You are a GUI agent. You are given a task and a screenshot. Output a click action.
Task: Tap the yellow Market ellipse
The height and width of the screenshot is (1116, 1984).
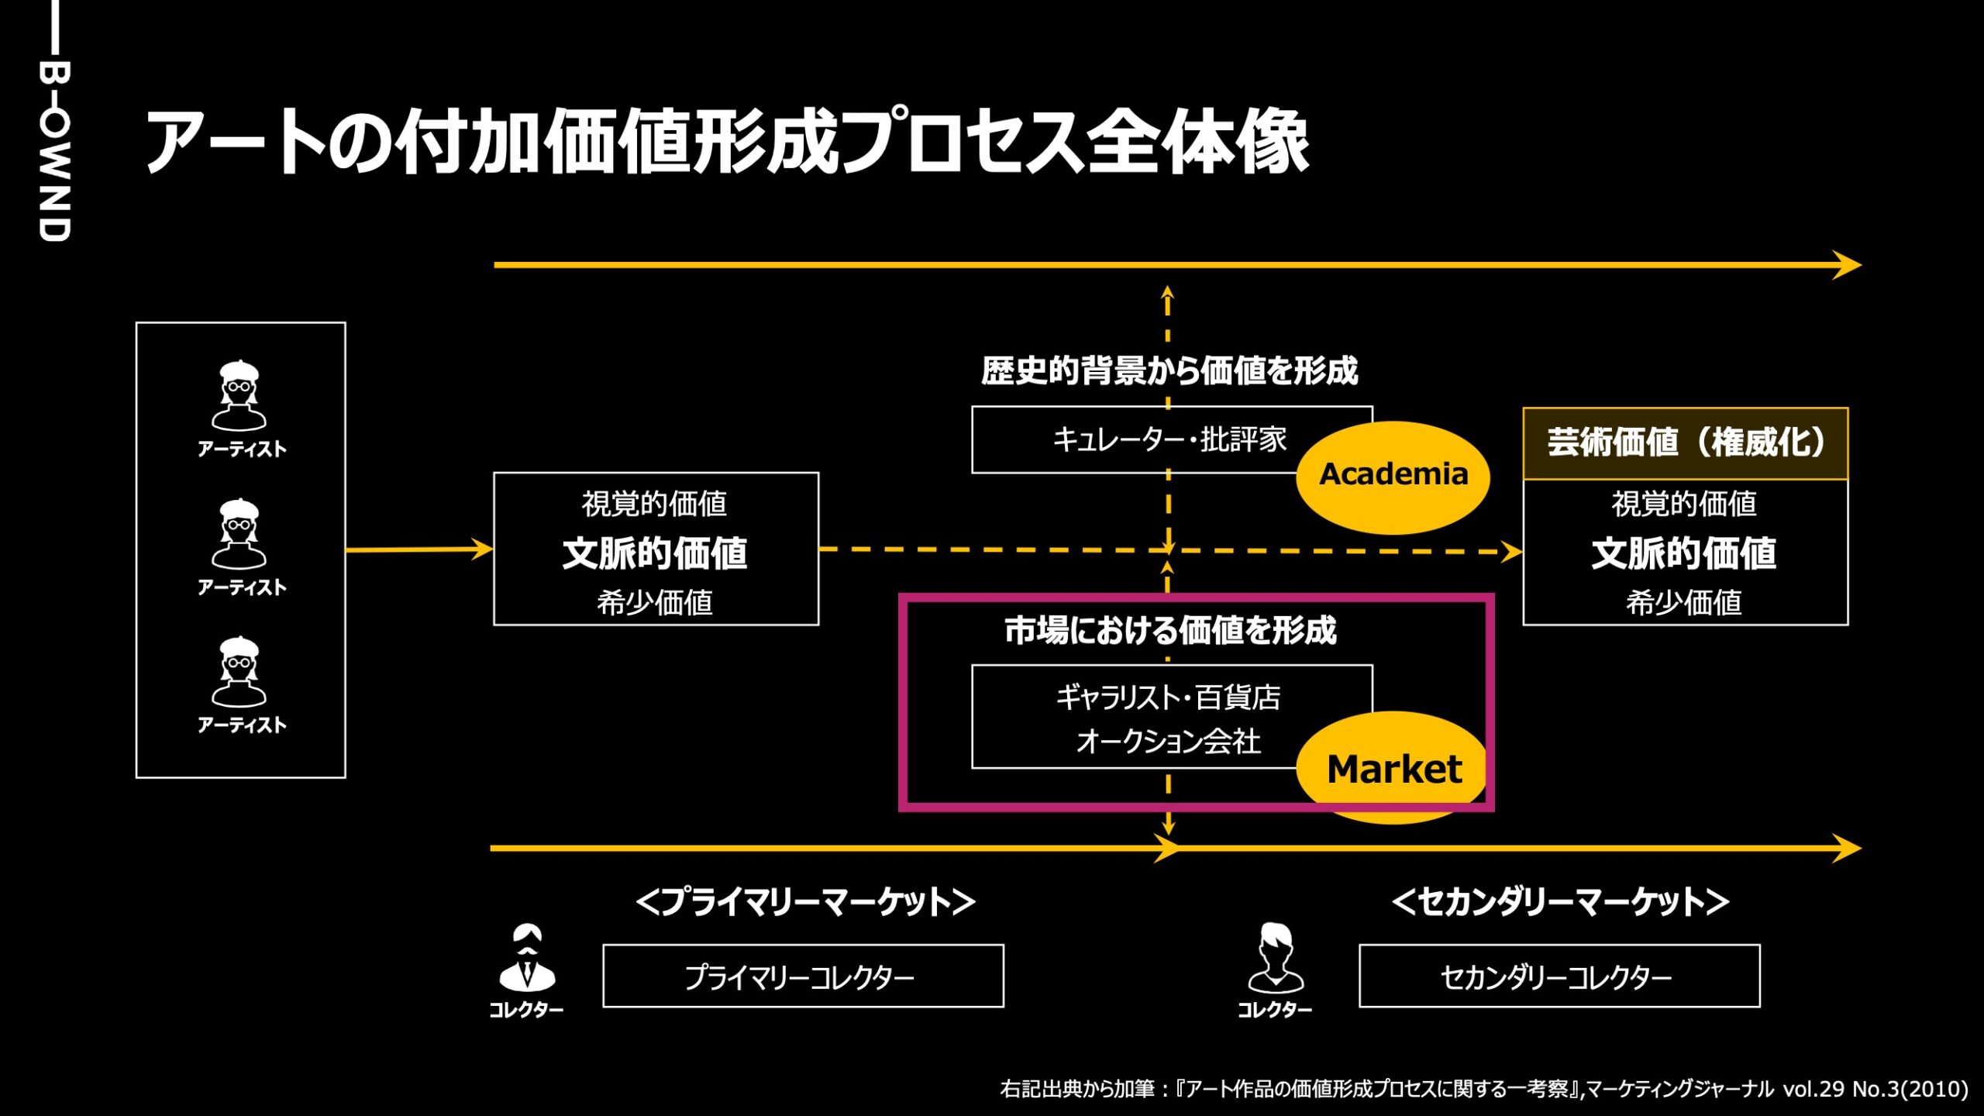pos(1393,767)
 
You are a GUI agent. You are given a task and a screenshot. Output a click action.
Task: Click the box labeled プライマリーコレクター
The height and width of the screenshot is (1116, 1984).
pos(802,976)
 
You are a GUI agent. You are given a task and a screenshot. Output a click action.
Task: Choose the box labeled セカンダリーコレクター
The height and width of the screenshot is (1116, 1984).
pos(1559,976)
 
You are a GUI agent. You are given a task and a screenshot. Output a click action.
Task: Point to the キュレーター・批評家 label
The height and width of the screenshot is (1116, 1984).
pos(1169,439)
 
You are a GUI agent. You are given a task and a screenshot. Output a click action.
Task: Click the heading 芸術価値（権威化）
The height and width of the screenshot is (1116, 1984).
pos(1685,443)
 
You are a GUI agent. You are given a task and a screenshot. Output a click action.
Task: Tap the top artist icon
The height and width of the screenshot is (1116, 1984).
pos(239,395)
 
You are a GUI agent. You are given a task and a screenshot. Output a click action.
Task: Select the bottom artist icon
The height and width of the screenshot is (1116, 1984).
pos(239,672)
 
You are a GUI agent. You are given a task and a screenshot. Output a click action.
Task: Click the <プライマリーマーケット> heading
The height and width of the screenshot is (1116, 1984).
pos(805,901)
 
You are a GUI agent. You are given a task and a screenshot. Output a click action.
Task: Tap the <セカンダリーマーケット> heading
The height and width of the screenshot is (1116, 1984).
pos(1560,901)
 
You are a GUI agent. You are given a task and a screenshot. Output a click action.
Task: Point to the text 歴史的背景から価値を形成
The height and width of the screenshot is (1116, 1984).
pos(1169,370)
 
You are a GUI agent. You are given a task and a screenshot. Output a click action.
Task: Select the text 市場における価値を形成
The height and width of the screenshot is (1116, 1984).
pos(1170,630)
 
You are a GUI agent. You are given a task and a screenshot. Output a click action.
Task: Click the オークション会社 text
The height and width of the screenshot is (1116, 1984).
pos(1168,742)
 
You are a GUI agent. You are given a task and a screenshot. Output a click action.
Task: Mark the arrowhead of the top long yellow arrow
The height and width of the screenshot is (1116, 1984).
pos(1848,265)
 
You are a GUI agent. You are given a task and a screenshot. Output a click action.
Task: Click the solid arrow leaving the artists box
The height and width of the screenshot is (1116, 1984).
pos(418,549)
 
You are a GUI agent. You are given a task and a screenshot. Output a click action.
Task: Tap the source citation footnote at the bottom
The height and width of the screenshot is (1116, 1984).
pos(1483,1089)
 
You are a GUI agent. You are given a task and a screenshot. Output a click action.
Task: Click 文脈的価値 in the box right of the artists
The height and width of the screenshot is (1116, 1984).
pos(655,553)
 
